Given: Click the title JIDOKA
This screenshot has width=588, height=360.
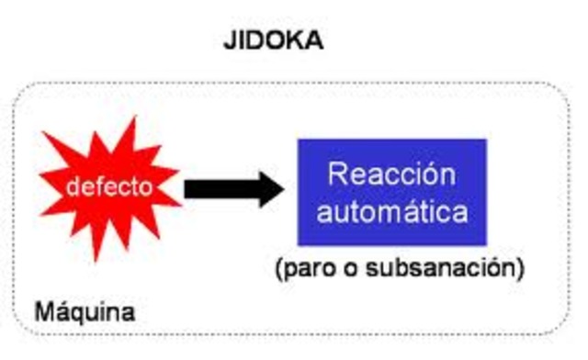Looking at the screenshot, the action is (273, 41).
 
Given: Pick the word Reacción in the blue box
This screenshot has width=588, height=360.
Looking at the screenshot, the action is (391, 174).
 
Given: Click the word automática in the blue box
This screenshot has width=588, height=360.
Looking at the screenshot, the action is (391, 213).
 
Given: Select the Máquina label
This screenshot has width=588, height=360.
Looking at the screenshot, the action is (85, 312).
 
